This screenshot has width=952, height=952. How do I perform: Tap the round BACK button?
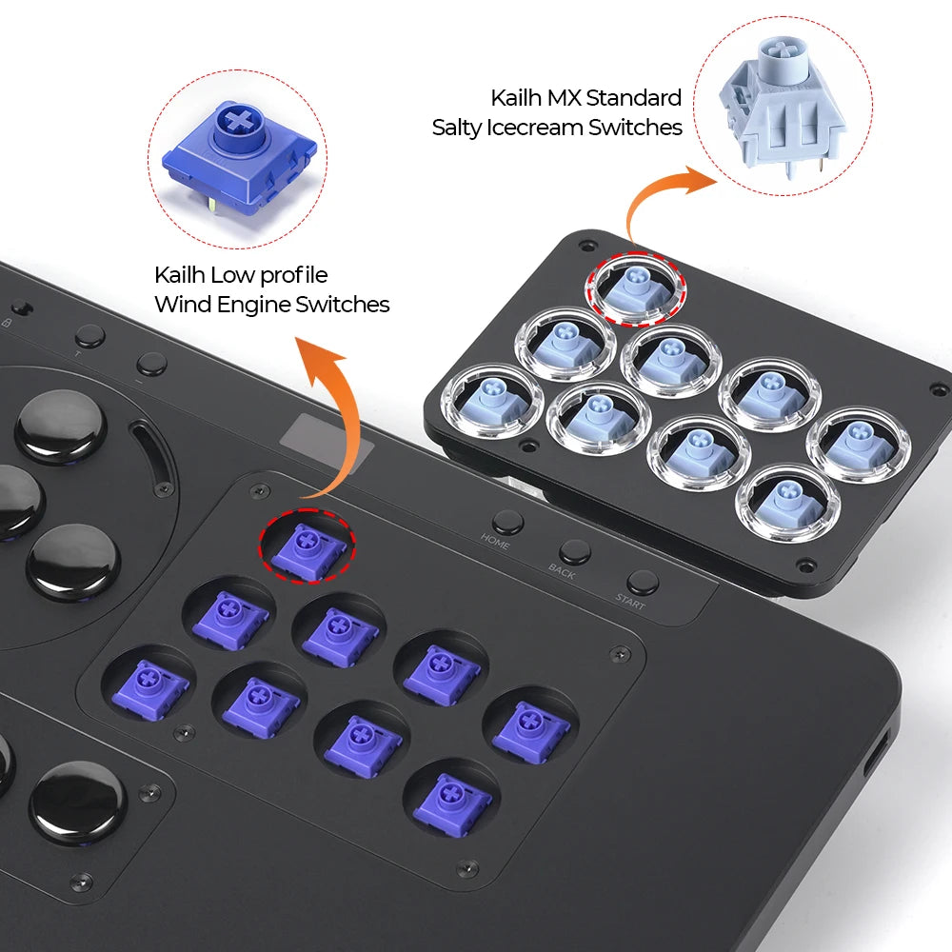tap(574, 552)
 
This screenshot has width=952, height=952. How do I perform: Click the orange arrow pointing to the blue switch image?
tap(319, 400)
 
